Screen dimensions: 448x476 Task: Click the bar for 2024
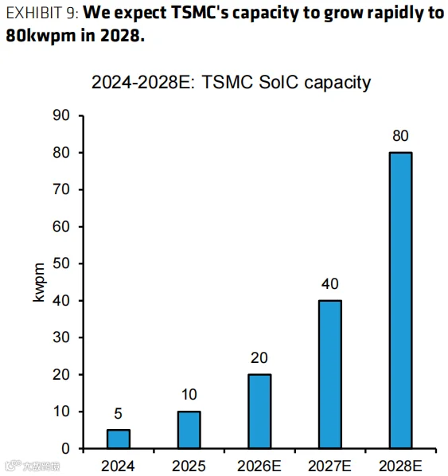[x=119, y=439]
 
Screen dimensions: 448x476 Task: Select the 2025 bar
[x=189, y=430]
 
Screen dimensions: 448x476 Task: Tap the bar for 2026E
[x=259, y=412]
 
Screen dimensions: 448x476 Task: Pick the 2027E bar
[x=330, y=374]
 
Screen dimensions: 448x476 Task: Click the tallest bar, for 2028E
[x=400, y=301]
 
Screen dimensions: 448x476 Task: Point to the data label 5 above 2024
[x=118, y=414]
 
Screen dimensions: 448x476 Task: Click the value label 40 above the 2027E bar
[x=330, y=284]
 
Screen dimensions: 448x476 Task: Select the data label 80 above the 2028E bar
[x=400, y=136]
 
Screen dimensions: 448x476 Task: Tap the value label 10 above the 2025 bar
[x=189, y=395]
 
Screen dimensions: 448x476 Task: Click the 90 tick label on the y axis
[x=61, y=115]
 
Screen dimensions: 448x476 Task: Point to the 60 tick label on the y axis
[x=61, y=227]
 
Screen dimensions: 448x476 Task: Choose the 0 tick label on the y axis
[x=65, y=449]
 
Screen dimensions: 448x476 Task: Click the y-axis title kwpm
[x=39, y=283]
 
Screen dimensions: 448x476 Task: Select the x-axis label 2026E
[x=259, y=466]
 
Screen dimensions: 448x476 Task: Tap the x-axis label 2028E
[x=400, y=466]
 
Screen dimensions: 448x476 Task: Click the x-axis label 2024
[x=118, y=466]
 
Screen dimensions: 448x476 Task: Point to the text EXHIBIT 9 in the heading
[x=42, y=14]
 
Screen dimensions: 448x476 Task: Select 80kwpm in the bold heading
[x=41, y=36]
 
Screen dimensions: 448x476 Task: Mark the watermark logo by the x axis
[x=33, y=466]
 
